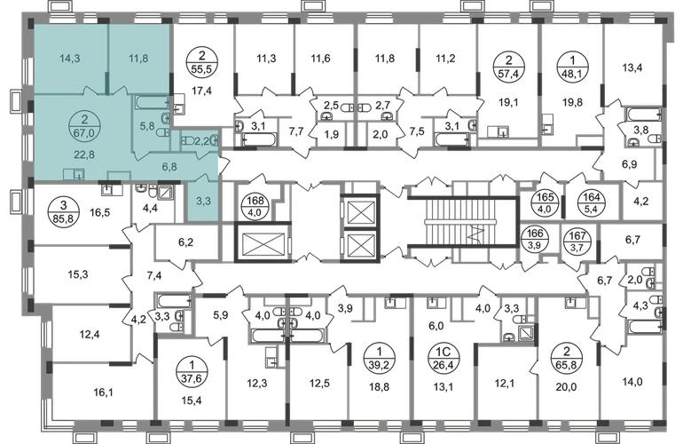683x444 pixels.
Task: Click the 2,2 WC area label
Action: (202, 140)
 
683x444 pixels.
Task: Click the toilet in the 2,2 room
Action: (187, 140)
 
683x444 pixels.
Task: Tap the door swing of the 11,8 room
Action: (122, 87)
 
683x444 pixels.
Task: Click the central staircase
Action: (444, 218)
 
